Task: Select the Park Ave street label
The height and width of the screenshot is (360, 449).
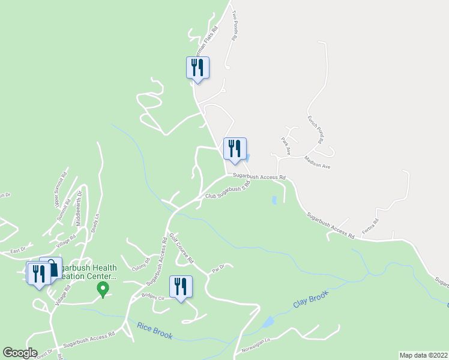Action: pos(286,145)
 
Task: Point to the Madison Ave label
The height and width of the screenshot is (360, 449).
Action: pos(317,161)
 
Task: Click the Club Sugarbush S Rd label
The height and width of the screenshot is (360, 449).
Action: pos(227,191)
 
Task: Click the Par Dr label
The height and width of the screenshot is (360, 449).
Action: pos(218,269)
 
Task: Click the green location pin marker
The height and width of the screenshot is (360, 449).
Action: pos(103,289)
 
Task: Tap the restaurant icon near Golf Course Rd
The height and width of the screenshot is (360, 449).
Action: pos(181,287)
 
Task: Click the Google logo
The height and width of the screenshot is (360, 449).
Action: pos(20,353)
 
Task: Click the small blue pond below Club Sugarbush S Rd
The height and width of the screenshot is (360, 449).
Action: pos(274,199)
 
